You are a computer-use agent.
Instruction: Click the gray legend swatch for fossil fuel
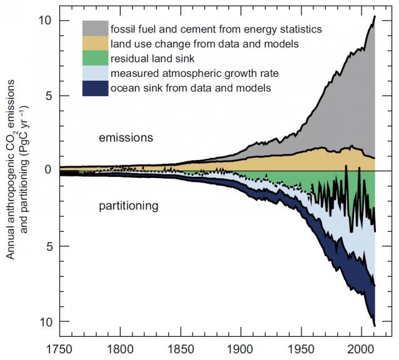click(x=94, y=28)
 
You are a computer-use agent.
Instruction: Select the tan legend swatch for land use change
click(x=94, y=43)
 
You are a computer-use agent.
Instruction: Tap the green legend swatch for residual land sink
click(x=94, y=58)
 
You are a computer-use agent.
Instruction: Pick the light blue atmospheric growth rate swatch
click(x=94, y=73)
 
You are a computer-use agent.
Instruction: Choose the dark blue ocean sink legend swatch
click(x=94, y=88)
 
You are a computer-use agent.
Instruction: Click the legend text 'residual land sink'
click(x=149, y=59)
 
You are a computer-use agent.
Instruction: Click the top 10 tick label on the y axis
click(x=43, y=20)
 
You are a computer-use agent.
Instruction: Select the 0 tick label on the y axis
click(x=46, y=171)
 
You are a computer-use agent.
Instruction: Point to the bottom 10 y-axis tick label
click(x=43, y=321)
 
